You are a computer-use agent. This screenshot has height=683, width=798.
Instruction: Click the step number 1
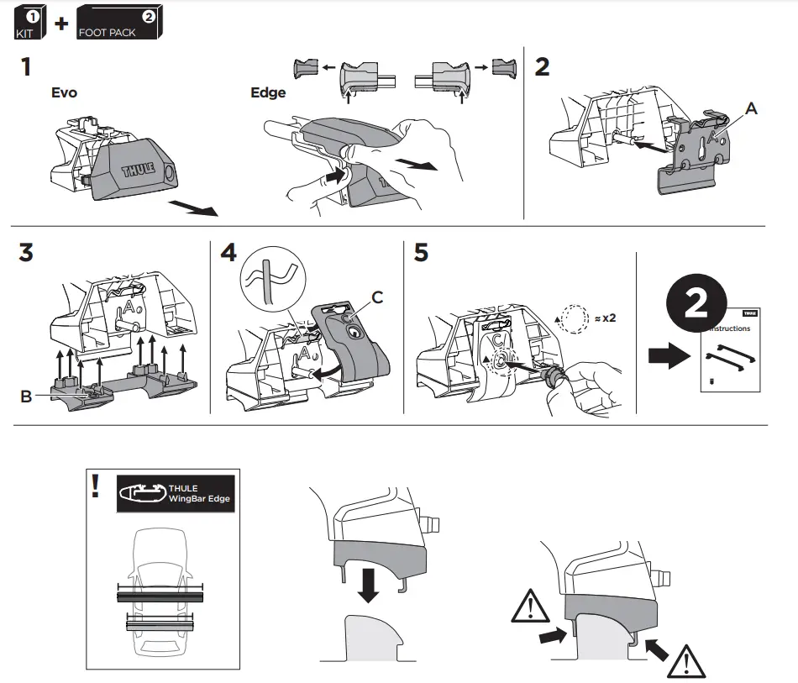pos(28,68)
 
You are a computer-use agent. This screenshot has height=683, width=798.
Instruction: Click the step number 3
pos(28,255)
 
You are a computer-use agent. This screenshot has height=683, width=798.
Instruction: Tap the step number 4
pos(229,255)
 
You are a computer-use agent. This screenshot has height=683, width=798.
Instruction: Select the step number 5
pos(422,255)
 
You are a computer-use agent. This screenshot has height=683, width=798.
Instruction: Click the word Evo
pos(64,92)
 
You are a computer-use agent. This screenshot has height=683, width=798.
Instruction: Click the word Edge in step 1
pos(268,92)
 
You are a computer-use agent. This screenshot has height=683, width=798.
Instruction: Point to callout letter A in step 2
pos(750,108)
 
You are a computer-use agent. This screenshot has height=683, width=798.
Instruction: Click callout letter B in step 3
pos(26,396)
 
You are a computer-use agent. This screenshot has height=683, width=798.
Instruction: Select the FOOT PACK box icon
pos(118,22)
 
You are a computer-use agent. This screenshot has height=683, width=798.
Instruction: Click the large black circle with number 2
pos(696,307)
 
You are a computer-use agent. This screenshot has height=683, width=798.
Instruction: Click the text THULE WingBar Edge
pos(198,493)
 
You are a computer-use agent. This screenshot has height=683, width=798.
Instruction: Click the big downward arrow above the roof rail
pos(368,581)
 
